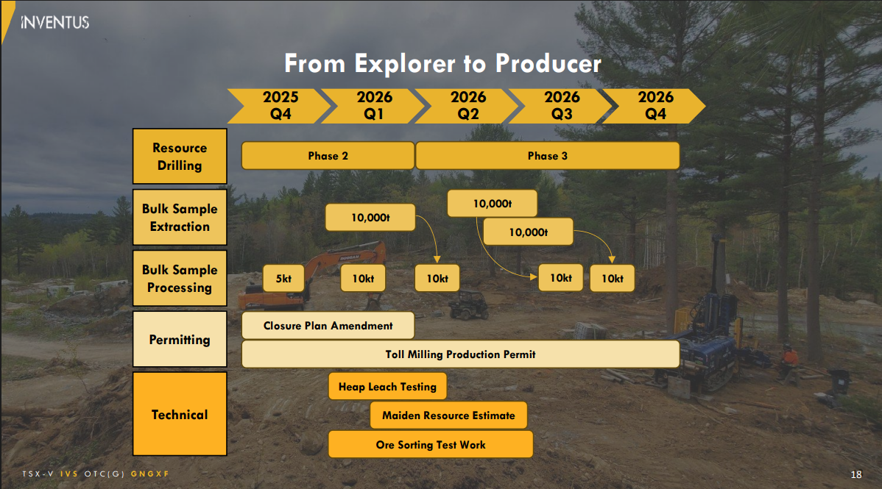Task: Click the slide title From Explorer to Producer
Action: tap(442, 63)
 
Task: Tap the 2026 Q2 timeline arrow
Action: tap(468, 106)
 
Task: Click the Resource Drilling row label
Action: tap(180, 157)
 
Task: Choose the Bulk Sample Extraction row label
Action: tap(180, 218)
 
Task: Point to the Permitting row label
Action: tap(180, 340)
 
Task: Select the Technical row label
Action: tap(180, 414)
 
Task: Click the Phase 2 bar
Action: tap(328, 156)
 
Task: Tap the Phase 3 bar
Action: tap(547, 156)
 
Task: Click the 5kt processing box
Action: tap(283, 279)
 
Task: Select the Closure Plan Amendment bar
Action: tap(328, 326)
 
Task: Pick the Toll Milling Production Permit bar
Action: tap(460, 354)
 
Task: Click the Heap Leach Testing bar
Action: tap(387, 387)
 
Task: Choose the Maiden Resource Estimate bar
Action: tap(448, 415)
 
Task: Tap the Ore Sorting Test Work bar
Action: tap(430, 445)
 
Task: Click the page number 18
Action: tap(856, 474)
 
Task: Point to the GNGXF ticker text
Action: tap(155, 474)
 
